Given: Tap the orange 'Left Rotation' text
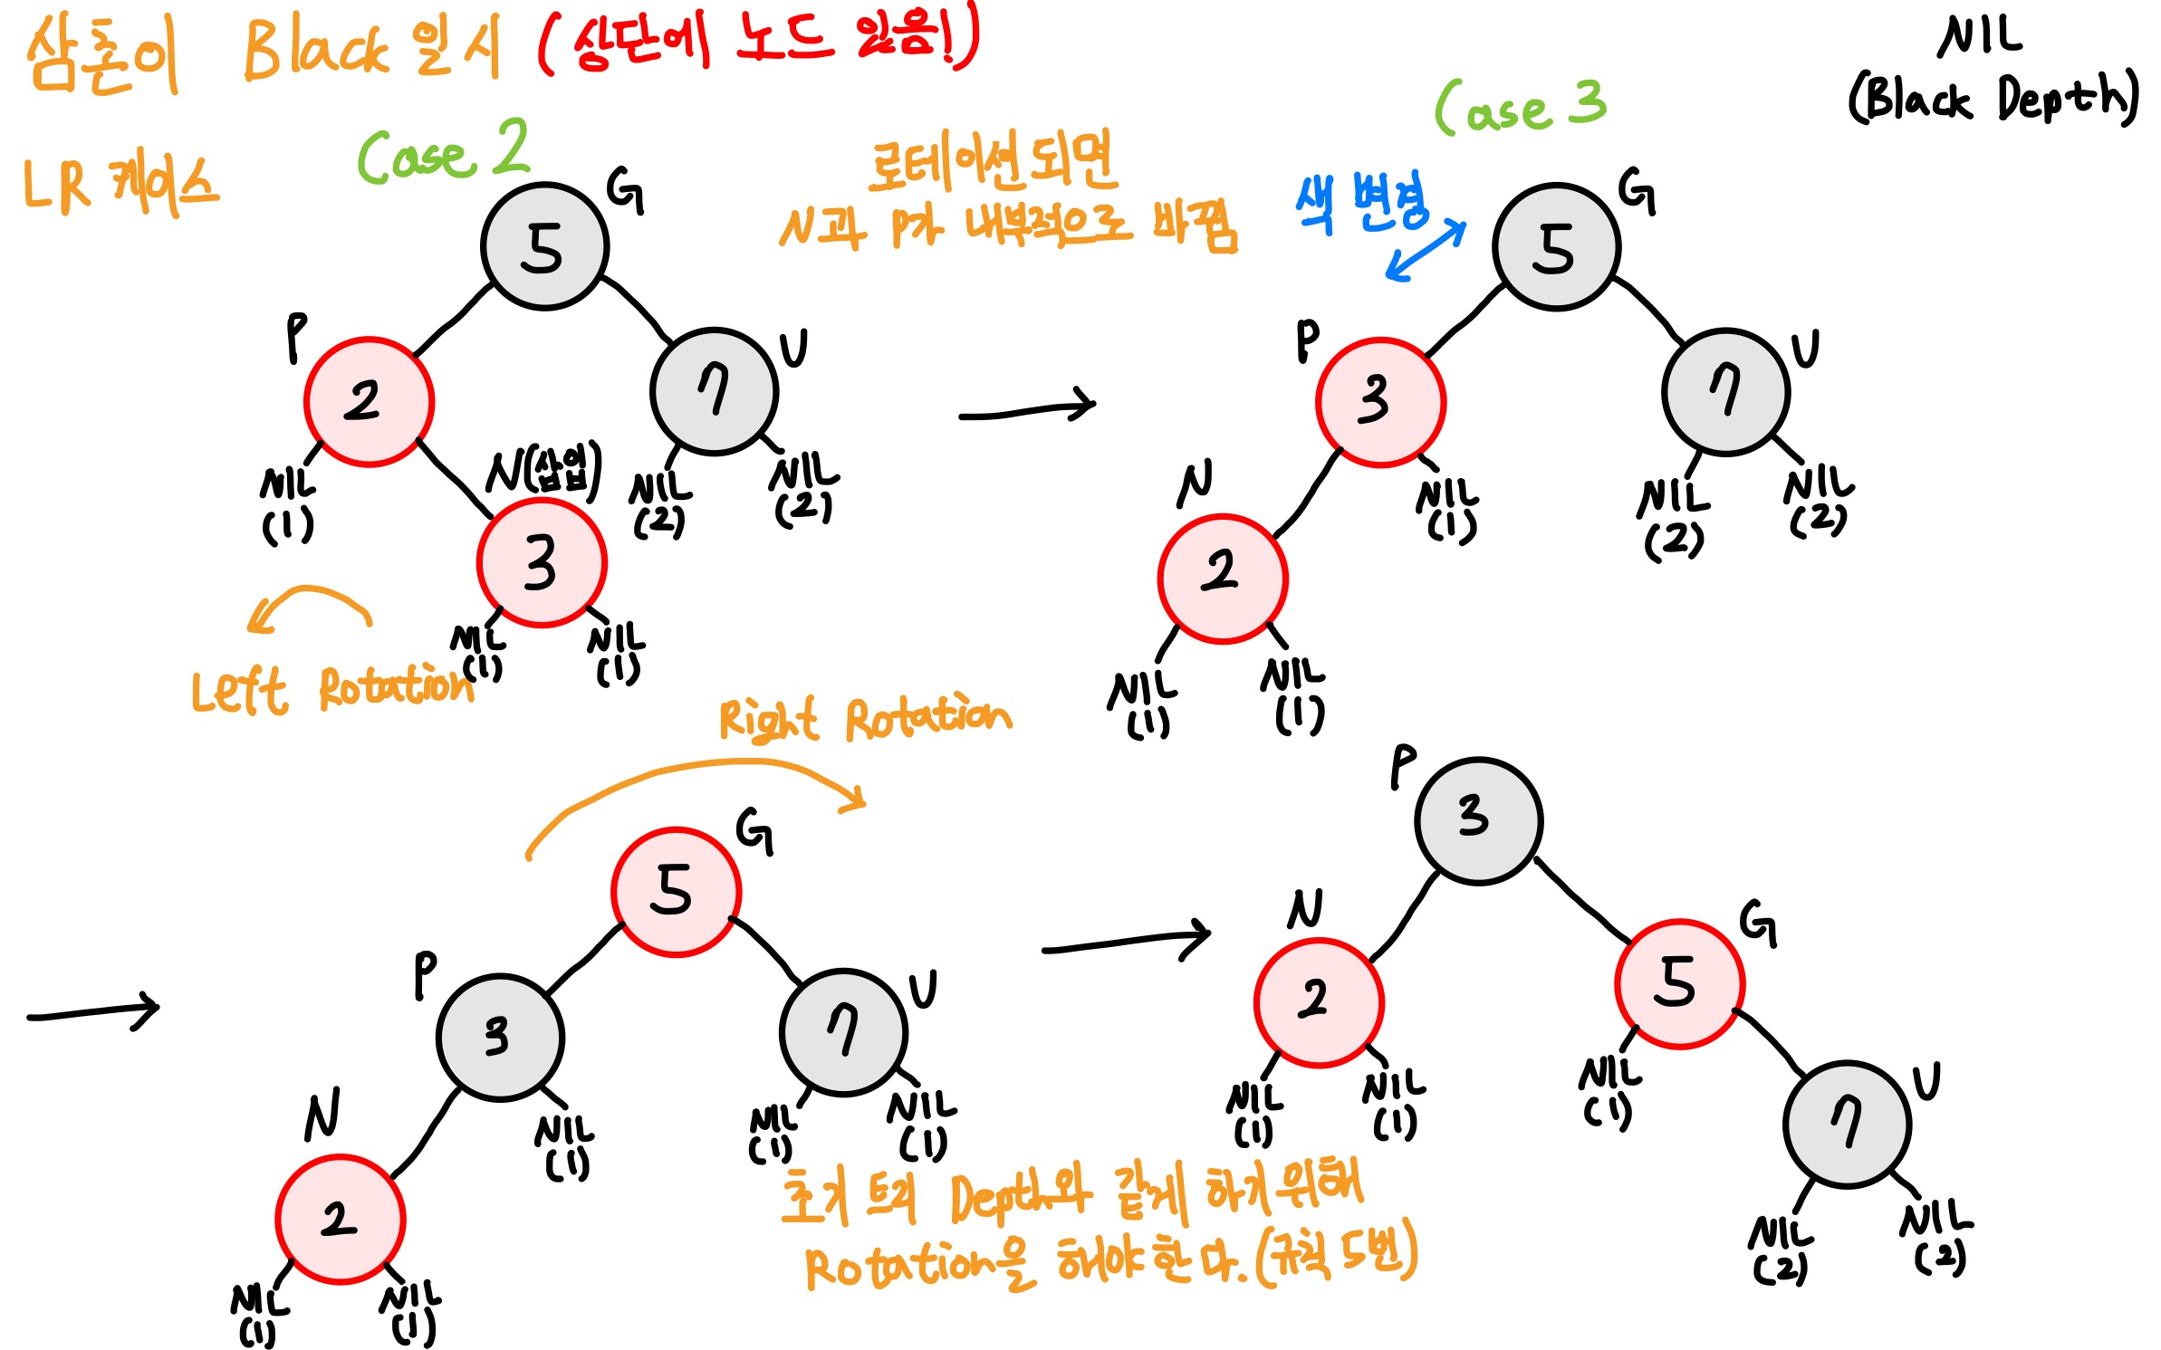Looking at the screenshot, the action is (331, 690).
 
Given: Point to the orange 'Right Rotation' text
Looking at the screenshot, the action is (865, 719).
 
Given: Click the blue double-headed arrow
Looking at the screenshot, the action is (1426, 250).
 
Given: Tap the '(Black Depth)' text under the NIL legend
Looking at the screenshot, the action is (1993, 98).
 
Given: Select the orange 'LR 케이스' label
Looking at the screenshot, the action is (120, 186).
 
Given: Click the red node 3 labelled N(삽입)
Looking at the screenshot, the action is (542, 562).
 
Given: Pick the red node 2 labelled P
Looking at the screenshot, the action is (369, 402).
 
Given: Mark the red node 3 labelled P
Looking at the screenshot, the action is (1379, 402).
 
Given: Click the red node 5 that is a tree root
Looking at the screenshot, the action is (676, 892).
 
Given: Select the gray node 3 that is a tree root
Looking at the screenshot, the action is (1478, 820).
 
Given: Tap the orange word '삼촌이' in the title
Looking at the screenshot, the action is (101, 56).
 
